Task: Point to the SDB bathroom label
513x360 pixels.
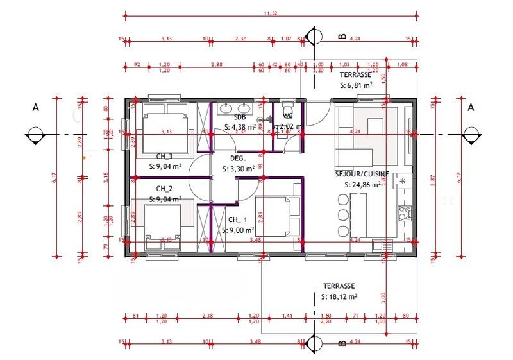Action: (x=240, y=118)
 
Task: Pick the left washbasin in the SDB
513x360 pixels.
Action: (x=226, y=107)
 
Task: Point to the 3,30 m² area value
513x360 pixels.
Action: (x=238, y=170)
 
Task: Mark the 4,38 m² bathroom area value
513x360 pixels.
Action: (x=241, y=128)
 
